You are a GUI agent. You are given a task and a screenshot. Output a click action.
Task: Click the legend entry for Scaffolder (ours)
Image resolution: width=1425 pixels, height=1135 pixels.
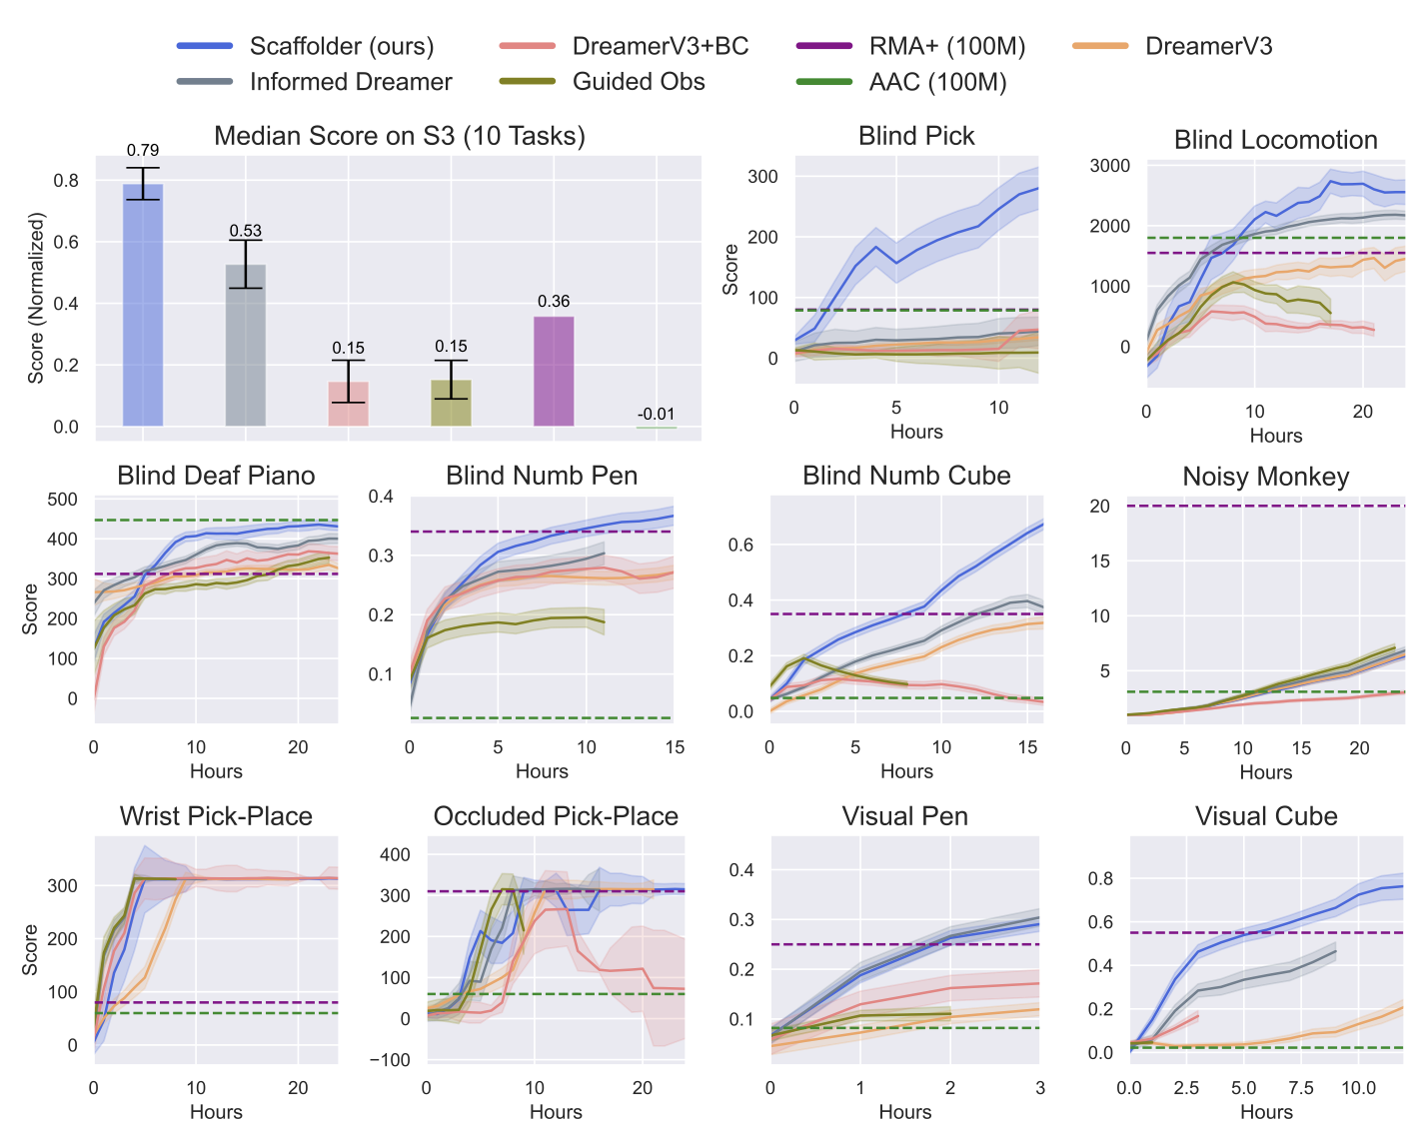[341, 46]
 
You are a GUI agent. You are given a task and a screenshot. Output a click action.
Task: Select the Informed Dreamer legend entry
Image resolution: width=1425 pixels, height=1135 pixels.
[350, 82]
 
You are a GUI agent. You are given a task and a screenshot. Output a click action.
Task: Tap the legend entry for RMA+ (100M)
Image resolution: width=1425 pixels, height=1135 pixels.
[946, 46]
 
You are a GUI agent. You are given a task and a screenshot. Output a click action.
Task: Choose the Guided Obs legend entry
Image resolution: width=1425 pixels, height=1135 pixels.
[638, 82]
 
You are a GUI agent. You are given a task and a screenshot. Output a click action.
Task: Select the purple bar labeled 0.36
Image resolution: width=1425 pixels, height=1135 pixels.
[554, 371]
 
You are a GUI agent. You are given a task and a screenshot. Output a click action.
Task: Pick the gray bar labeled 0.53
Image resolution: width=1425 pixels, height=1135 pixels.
[246, 345]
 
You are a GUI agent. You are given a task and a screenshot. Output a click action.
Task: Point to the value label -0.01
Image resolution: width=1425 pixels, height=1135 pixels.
[657, 414]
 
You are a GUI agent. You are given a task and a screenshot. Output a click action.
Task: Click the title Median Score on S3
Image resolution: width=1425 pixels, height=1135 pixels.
[400, 136]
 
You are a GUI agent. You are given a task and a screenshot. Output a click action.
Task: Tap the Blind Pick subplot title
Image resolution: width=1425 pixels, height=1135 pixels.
[916, 136]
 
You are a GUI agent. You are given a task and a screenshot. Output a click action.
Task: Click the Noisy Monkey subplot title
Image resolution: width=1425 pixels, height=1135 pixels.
[1265, 477]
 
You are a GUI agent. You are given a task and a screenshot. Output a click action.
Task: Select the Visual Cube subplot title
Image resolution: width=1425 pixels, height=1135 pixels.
[1266, 816]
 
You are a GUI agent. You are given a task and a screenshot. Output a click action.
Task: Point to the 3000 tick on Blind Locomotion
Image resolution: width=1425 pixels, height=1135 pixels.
[1110, 166]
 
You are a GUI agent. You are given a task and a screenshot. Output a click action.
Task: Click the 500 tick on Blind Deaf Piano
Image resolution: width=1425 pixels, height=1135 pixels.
[63, 500]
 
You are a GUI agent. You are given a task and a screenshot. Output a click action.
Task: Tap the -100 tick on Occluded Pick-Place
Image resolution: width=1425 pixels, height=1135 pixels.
[390, 1060]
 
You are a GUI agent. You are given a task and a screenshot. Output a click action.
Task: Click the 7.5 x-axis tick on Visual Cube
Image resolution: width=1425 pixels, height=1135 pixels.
[1300, 1087]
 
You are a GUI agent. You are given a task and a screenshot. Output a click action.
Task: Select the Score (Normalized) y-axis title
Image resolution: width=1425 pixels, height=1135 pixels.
[37, 298]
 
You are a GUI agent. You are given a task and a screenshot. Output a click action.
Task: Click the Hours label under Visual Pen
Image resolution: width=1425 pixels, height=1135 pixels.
[904, 1112]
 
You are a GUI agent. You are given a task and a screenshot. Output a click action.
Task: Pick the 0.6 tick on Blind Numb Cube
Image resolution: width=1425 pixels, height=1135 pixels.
[740, 546]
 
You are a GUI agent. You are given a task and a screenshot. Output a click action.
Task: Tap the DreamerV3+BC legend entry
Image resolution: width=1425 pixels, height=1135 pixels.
[660, 46]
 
